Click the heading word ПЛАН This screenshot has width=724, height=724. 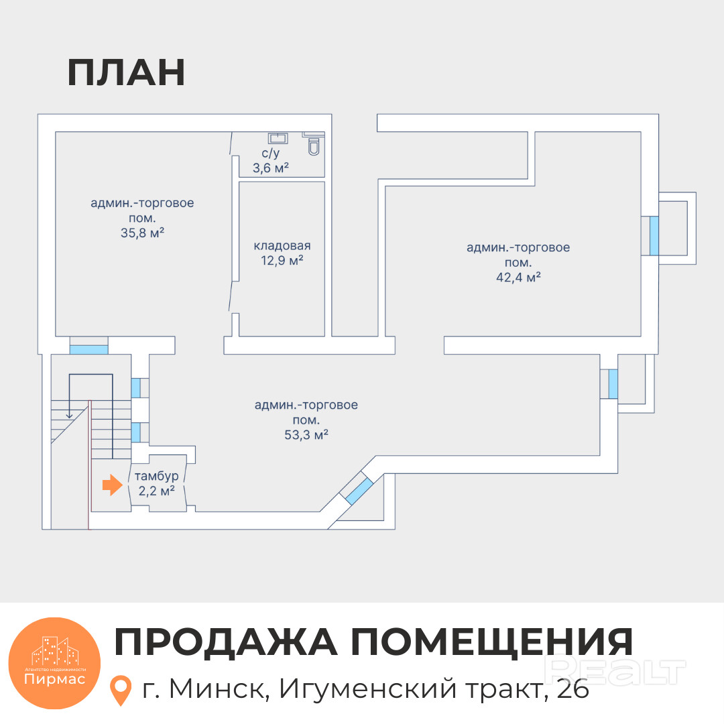click(x=126, y=74)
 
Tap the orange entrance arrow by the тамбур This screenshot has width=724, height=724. click(x=111, y=486)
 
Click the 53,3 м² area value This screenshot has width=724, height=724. click(x=306, y=435)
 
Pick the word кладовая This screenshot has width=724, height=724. click(x=282, y=245)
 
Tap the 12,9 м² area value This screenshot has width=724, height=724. click(x=282, y=261)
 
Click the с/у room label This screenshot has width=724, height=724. click(x=270, y=154)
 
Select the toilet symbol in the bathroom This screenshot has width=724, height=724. click(x=314, y=147)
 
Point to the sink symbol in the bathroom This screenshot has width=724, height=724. click(x=278, y=138)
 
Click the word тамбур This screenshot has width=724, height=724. click(x=157, y=476)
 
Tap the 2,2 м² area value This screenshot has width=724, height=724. click(x=157, y=491)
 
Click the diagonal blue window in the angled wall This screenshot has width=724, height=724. click(x=359, y=491)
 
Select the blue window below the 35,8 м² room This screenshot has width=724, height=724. click(x=89, y=349)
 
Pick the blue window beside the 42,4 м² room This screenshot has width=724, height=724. click(x=654, y=235)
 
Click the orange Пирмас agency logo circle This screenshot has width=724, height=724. click(x=54, y=663)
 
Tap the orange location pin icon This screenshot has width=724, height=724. click(x=120, y=690)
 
